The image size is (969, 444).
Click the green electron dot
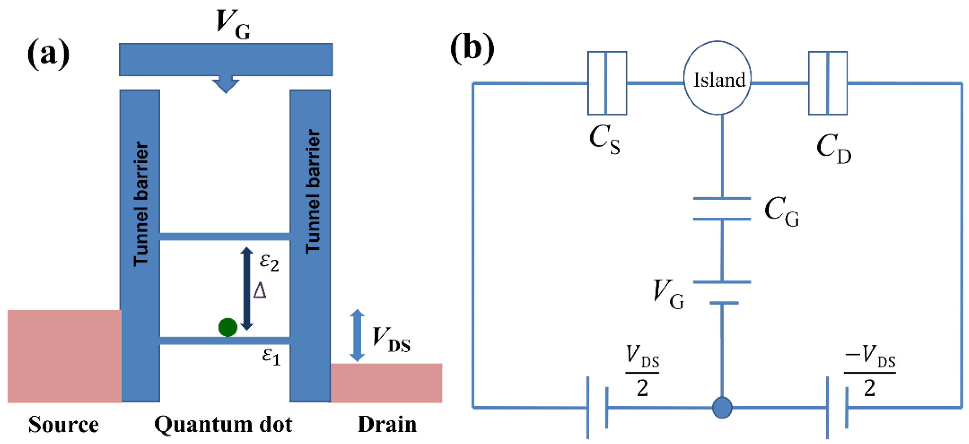tap(228, 327)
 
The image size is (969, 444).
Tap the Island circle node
tap(717, 78)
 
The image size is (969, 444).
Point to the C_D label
tap(833, 149)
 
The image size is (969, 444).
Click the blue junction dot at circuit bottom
tap(722, 407)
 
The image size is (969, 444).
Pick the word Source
tap(64, 425)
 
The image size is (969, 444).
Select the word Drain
tap(387, 425)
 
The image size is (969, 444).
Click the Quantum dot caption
tap(223, 425)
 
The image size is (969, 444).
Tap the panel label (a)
tap(48, 54)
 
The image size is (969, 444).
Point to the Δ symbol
tap(260, 291)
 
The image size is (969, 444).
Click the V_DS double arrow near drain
tap(357, 335)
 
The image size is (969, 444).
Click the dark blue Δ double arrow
tap(246, 289)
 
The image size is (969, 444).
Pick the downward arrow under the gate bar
tap(226, 84)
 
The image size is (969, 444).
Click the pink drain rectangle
tap(386, 383)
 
